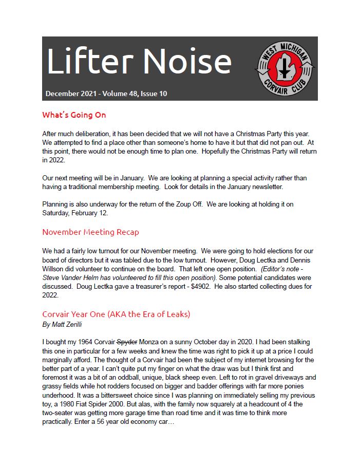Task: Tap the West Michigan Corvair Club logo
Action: point(285,68)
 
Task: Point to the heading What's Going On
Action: point(74,115)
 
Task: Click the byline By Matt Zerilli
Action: point(65,325)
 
